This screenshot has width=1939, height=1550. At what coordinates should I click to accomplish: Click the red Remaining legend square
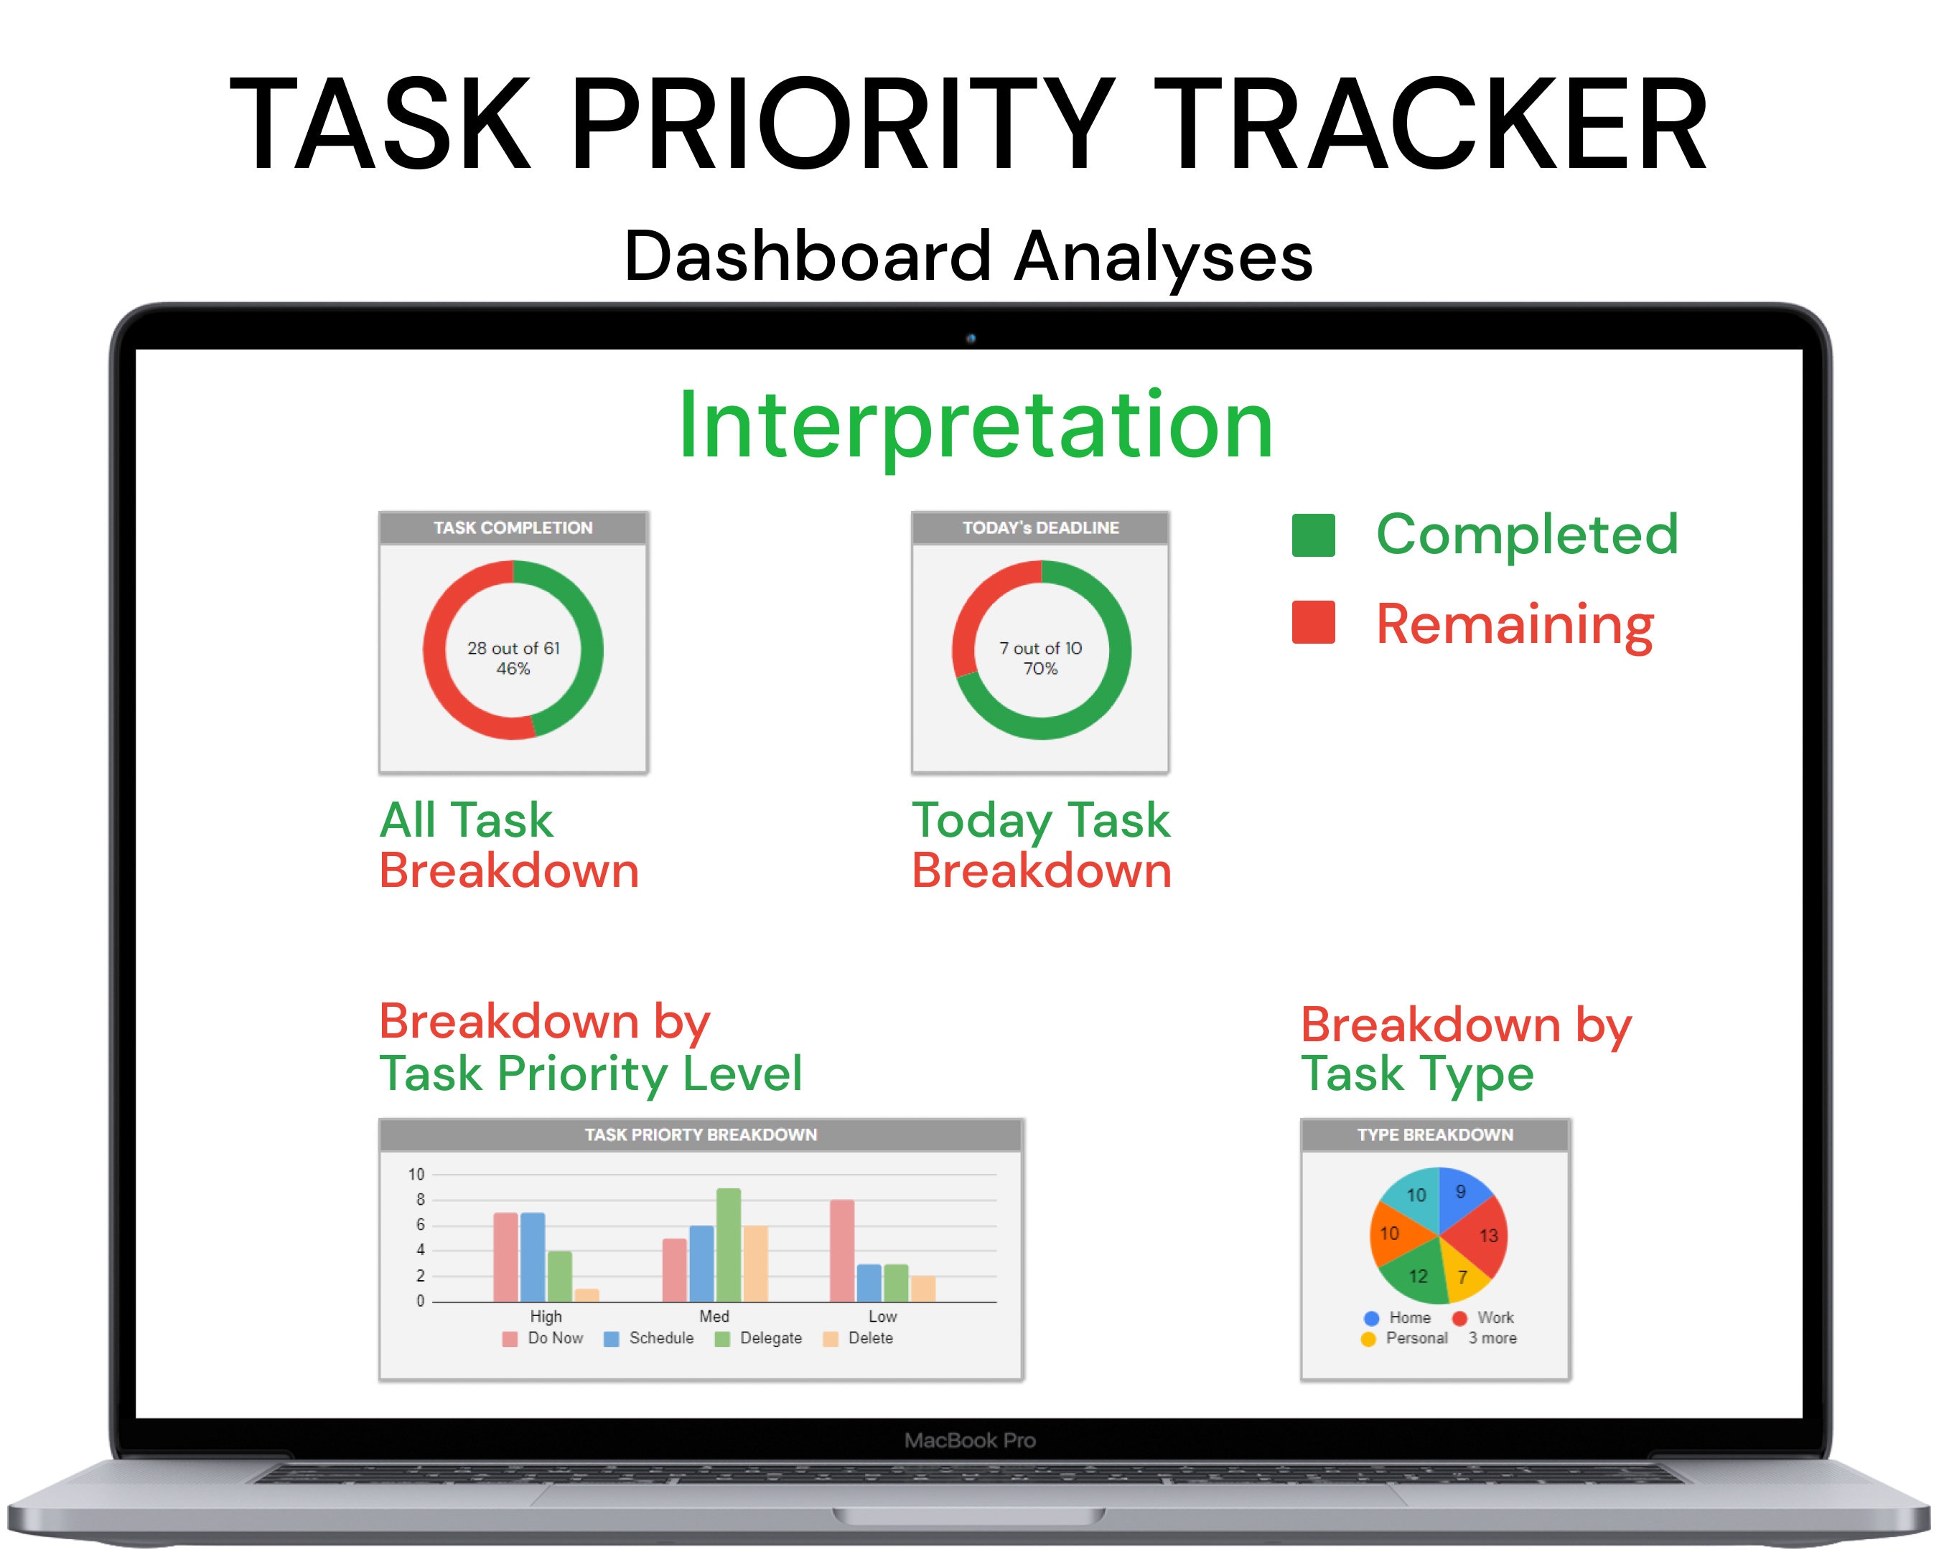tap(1313, 622)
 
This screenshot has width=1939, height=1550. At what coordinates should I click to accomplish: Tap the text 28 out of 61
tap(513, 648)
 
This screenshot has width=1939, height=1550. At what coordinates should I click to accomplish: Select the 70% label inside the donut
tap(1039, 669)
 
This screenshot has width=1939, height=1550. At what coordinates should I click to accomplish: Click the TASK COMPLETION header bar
tap(513, 527)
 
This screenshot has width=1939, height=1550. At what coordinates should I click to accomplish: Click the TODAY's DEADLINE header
tap(1039, 527)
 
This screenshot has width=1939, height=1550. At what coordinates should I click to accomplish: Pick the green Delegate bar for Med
tap(729, 1244)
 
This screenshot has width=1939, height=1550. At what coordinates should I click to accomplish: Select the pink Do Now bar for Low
tap(842, 1251)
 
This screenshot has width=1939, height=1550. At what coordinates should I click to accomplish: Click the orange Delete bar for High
tap(587, 1295)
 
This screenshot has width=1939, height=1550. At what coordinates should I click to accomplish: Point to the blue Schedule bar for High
tap(533, 1257)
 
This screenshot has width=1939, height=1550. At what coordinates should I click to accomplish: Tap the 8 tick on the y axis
tap(420, 1199)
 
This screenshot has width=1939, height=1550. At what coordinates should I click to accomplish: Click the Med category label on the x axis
tap(714, 1316)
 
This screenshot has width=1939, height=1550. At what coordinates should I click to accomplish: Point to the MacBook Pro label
tap(969, 1440)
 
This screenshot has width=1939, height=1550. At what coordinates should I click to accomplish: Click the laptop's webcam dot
tap(971, 339)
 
